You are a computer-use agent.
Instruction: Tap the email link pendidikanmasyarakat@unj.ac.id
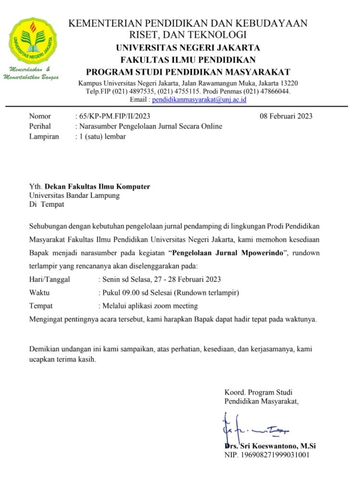click(x=199, y=99)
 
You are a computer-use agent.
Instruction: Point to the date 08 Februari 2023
click(x=286, y=116)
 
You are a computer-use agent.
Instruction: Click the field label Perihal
click(x=40, y=126)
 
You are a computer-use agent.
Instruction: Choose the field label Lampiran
click(x=44, y=136)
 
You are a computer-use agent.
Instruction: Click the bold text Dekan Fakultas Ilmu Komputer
click(x=98, y=186)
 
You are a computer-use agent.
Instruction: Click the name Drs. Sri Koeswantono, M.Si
click(x=270, y=446)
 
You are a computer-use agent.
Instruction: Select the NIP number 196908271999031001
click(x=276, y=455)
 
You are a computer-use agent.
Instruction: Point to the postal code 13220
click(x=288, y=83)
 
